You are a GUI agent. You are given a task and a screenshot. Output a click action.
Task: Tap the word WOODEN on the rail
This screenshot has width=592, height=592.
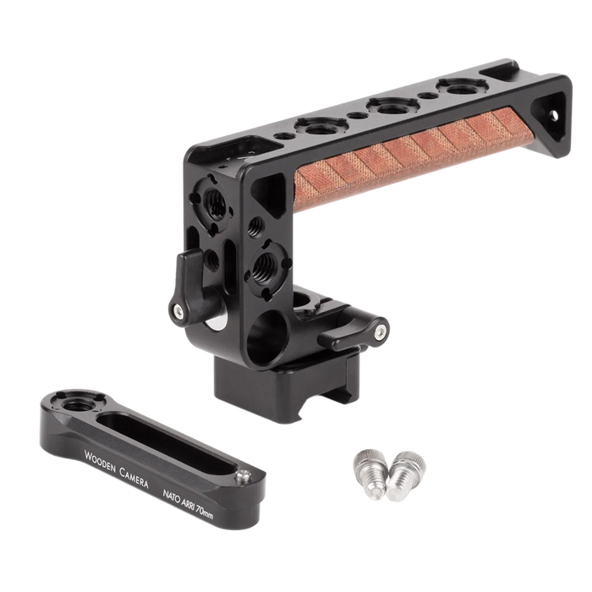(x=101, y=462)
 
